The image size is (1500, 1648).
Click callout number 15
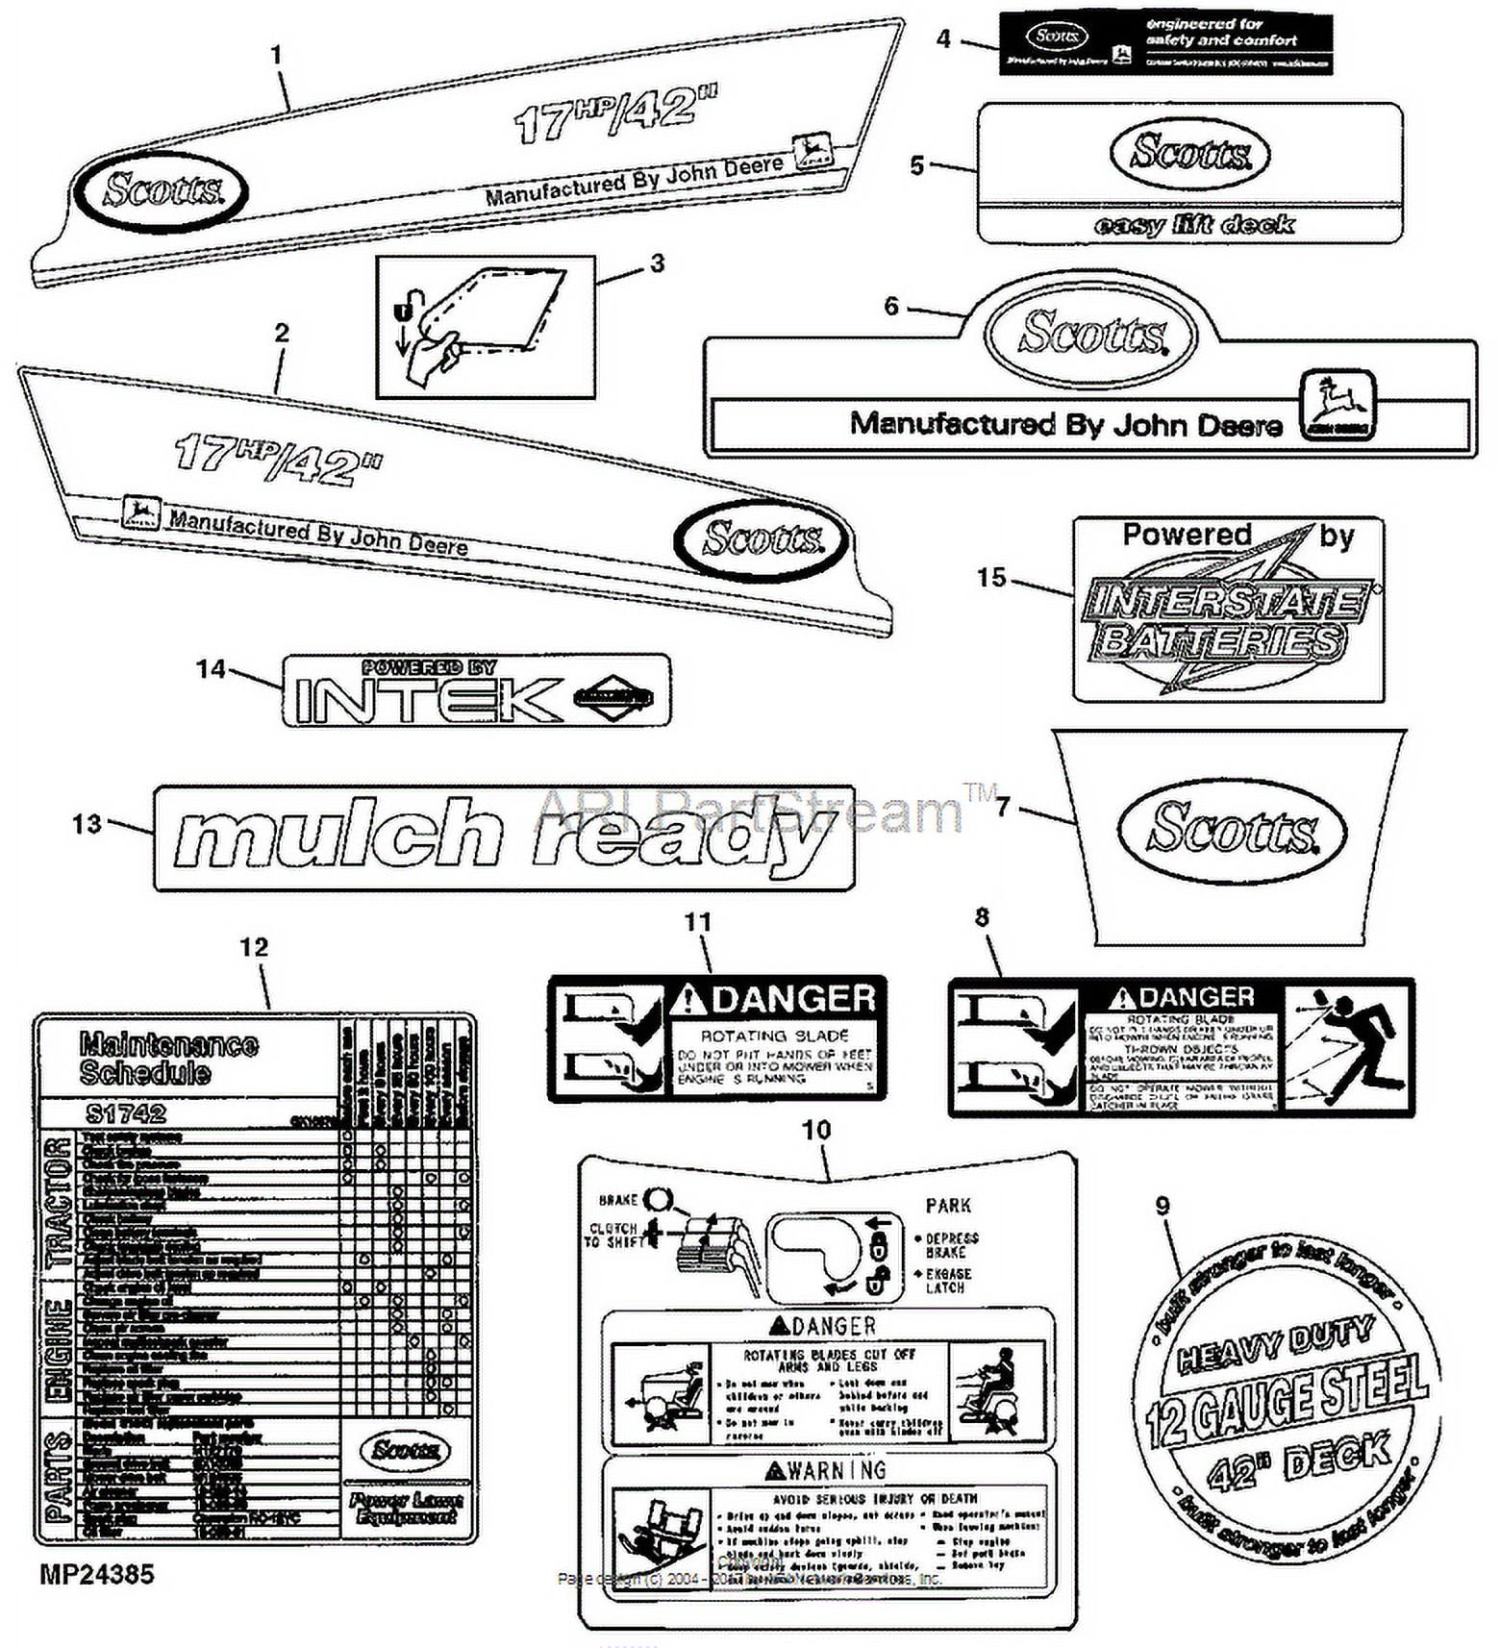991,578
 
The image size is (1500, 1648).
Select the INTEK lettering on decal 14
428,699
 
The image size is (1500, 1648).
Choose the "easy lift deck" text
1193,225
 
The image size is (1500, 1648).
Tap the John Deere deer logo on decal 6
1337,405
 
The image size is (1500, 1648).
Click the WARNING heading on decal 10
826,1470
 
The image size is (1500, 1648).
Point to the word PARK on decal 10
948,1206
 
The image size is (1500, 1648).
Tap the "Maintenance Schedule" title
168,1059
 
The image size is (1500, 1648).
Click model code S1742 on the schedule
126,1113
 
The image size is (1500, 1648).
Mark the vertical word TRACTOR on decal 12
57,1202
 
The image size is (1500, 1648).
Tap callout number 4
943,38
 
